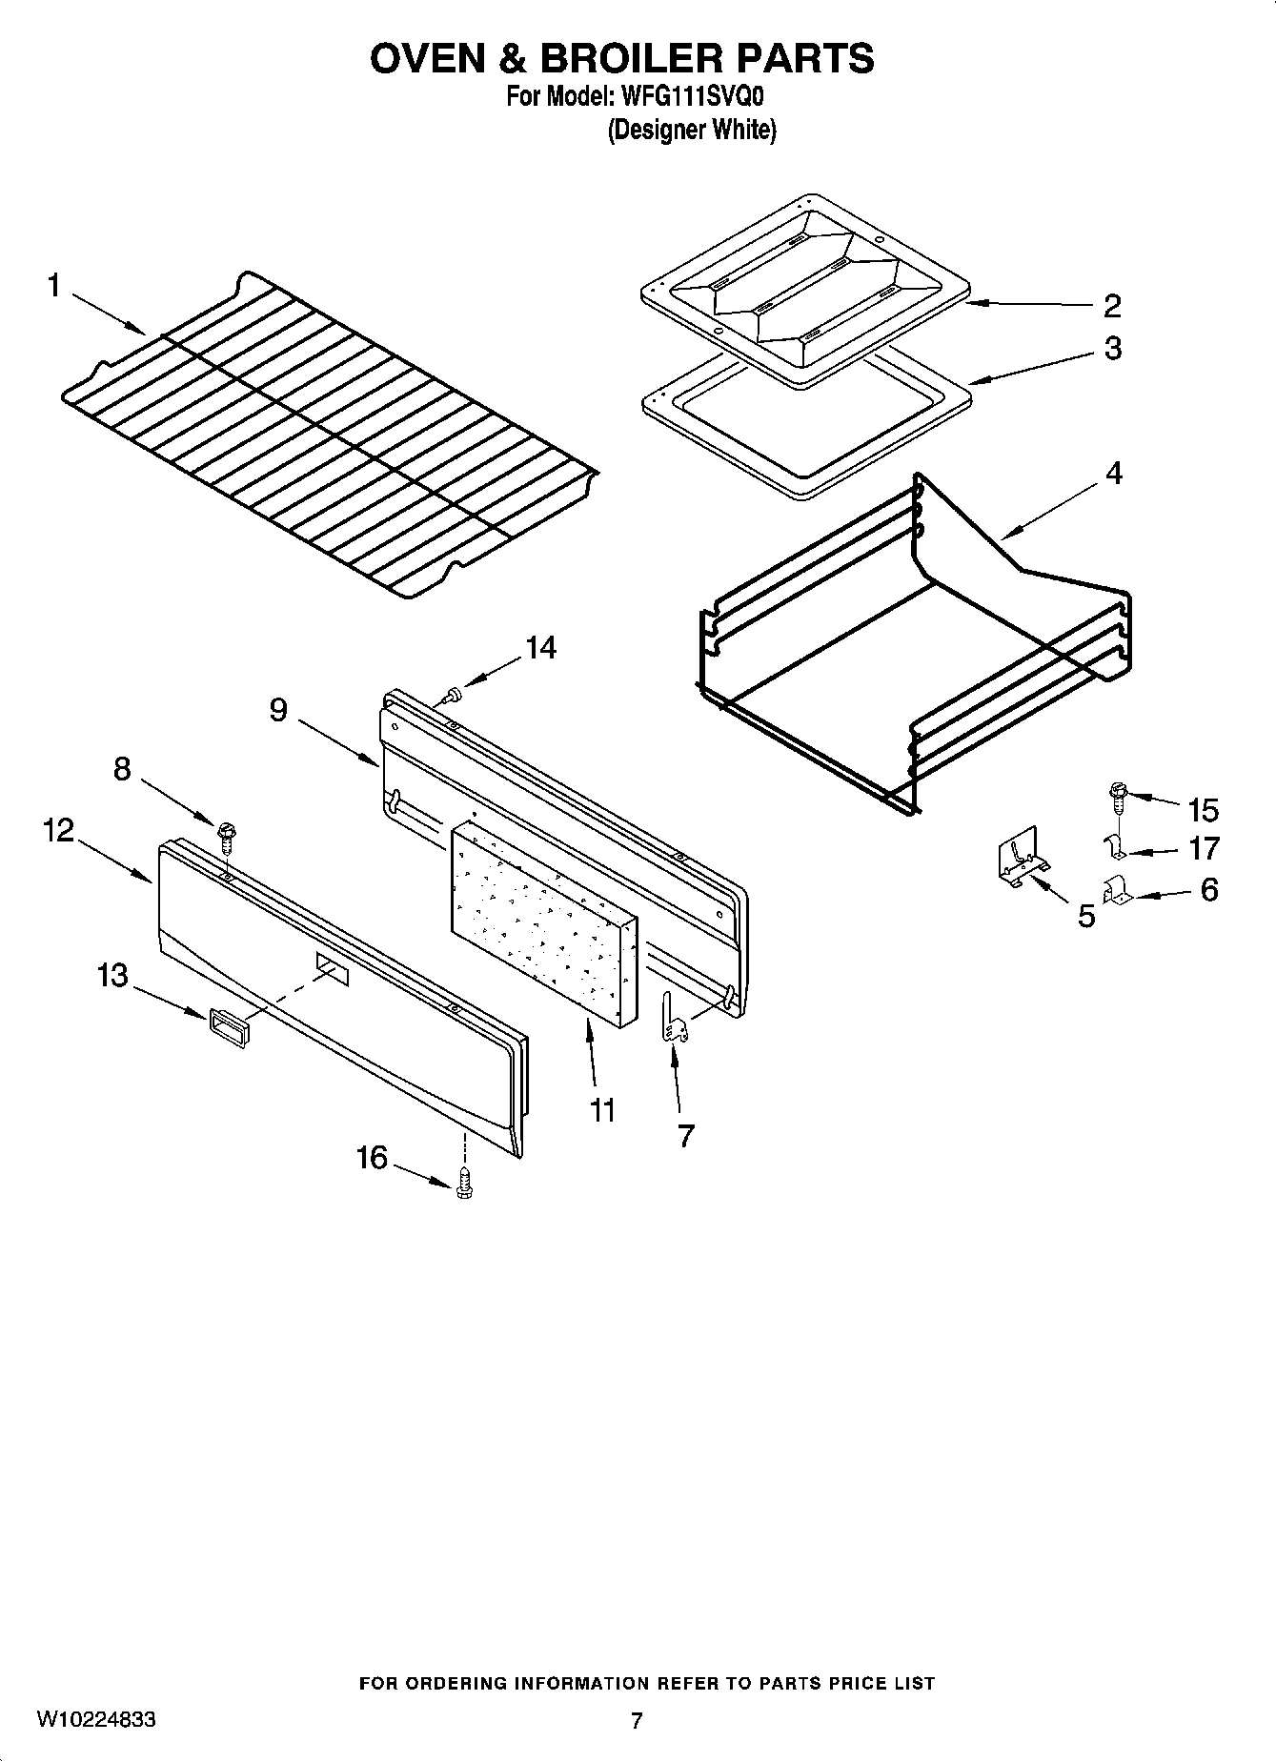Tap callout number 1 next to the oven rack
(x=54, y=285)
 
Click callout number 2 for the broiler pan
(x=1112, y=306)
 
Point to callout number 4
(x=1113, y=473)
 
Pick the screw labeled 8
(x=227, y=837)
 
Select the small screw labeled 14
(x=455, y=694)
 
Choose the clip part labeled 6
(x=1115, y=892)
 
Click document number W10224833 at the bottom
(x=96, y=1720)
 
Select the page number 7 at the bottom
(x=637, y=1720)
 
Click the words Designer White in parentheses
(x=692, y=131)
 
